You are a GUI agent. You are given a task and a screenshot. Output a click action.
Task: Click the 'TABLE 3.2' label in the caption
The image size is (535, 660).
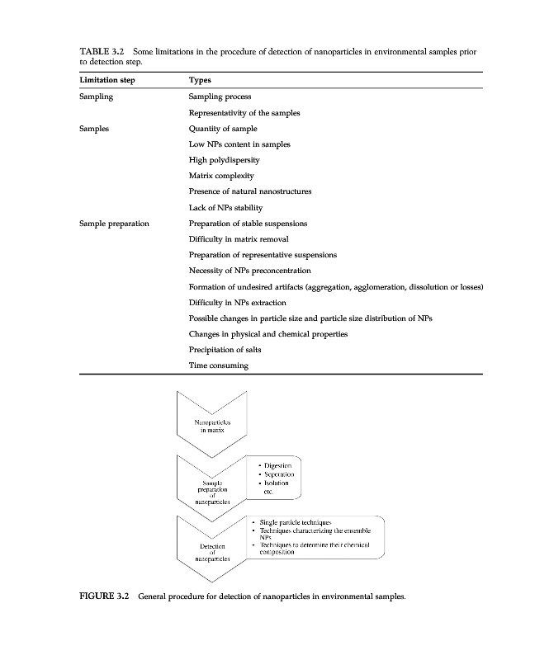click(x=102, y=51)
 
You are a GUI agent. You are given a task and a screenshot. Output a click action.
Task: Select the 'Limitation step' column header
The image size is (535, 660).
click(x=107, y=81)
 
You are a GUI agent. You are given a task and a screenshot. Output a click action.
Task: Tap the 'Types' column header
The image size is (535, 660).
click(x=200, y=81)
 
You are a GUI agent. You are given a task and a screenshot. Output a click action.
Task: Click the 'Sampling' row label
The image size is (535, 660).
click(x=97, y=97)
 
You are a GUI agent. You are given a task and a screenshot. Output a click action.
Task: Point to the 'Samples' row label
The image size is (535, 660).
click(x=94, y=129)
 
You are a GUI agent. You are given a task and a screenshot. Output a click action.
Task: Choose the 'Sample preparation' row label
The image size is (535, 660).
click(x=114, y=224)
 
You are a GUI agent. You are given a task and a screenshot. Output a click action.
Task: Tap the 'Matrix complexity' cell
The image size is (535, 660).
click(x=221, y=176)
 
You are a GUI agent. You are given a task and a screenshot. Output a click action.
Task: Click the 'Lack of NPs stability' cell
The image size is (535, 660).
click(x=228, y=207)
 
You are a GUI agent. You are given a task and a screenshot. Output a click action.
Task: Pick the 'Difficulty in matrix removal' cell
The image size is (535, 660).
click(x=239, y=239)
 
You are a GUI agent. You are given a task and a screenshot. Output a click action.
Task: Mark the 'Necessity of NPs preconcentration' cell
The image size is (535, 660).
click(x=249, y=271)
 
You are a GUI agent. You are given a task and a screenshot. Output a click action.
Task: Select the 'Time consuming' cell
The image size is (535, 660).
click(x=219, y=365)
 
